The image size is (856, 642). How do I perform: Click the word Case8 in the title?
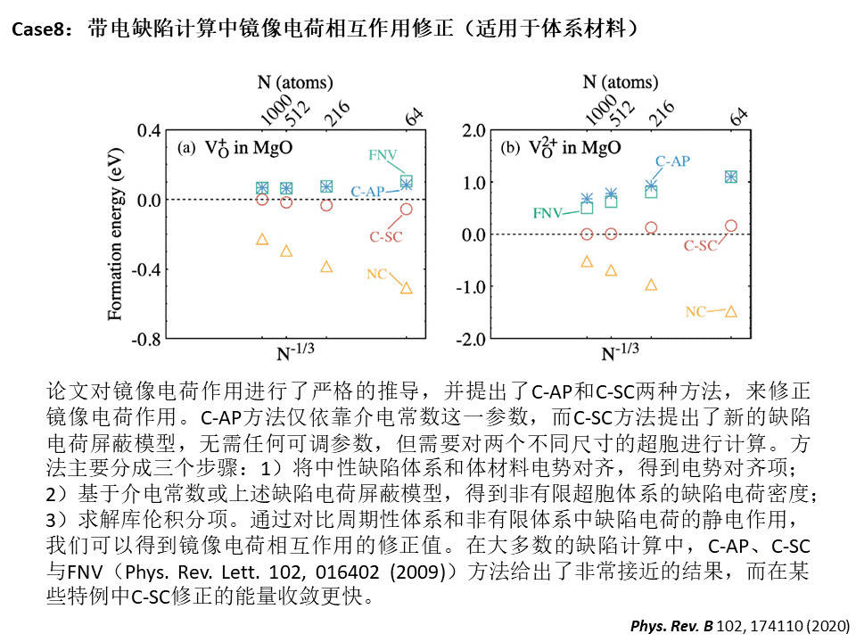35,29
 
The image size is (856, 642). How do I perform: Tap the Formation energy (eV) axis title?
115,235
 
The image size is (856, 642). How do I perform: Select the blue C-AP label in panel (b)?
672,161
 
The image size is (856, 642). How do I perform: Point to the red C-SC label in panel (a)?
386,236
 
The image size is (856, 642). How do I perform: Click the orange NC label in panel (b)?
695,311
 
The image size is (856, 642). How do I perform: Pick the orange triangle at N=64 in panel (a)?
407,288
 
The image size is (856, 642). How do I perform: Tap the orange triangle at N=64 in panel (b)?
731,311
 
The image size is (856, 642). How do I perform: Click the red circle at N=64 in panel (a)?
407,209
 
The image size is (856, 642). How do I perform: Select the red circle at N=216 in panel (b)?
651,227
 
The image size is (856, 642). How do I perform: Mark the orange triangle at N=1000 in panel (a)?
262,239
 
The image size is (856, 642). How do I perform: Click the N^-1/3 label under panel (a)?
295,354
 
